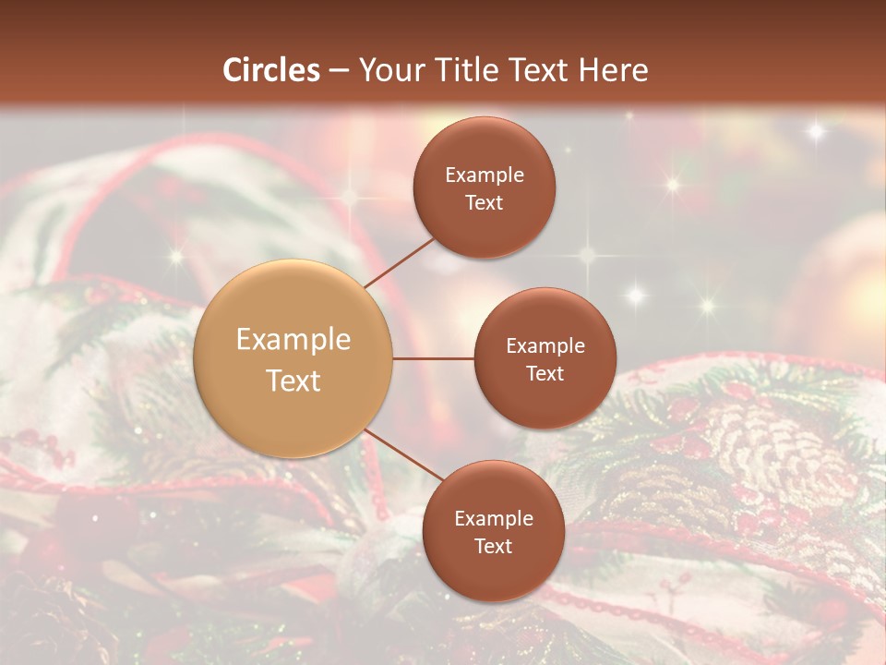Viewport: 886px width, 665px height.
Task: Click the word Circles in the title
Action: (271, 70)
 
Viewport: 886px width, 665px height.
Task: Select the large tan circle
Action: (293, 358)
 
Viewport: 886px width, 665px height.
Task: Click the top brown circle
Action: (484, 148)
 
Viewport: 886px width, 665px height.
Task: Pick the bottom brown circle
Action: (493, 573)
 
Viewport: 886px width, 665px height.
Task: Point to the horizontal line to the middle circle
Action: (434, 358)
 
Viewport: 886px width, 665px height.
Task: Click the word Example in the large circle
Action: (293, 340)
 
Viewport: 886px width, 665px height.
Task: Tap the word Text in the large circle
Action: (293, 381)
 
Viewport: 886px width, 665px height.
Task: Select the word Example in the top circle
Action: (485, 175)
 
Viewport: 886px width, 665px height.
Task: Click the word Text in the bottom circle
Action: (493, 547)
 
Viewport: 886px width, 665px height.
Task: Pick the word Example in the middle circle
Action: (545, 346)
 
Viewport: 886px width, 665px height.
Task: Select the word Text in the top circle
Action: (485, 203)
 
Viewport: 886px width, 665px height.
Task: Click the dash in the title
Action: (339, 70)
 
